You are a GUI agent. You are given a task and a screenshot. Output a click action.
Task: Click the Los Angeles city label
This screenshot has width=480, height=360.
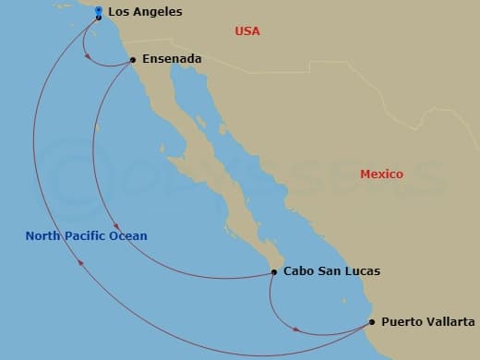coord(145,12)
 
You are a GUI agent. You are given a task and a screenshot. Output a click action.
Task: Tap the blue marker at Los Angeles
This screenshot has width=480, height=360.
coord(99,12)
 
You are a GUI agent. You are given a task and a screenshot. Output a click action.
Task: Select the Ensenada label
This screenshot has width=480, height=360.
coord(172,59)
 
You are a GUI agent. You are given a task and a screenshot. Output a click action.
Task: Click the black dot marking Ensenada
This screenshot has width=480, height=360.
coord(133,60)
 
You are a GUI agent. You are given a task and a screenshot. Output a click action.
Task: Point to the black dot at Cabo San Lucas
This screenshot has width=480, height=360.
coord(273,271)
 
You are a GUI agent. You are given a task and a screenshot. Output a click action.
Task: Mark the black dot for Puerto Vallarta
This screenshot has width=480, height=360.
coord(372,322)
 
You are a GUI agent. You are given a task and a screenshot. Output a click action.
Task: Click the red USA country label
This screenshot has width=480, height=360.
coord(247,31)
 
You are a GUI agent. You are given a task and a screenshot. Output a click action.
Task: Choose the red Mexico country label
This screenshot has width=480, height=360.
coord(380,174)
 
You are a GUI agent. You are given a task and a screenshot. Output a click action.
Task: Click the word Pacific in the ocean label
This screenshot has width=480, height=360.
coord(86,235)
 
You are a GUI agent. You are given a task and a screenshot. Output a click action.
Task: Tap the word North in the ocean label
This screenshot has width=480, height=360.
coord(43,235)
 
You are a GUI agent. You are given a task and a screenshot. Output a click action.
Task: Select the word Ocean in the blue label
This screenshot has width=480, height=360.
coord(128,235)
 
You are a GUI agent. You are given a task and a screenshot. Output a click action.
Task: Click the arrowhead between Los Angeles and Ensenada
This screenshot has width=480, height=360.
coord(88,56)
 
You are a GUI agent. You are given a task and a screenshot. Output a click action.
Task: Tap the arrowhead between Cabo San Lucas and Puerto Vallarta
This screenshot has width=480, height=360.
coord(295,329)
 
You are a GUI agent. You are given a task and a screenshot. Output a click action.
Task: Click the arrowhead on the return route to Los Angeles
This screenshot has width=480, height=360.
coord(82,263)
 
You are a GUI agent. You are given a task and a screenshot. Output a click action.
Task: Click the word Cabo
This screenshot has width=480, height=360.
coord(298,271)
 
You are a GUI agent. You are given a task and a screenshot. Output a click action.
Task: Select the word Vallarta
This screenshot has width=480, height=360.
coord(449,322)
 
